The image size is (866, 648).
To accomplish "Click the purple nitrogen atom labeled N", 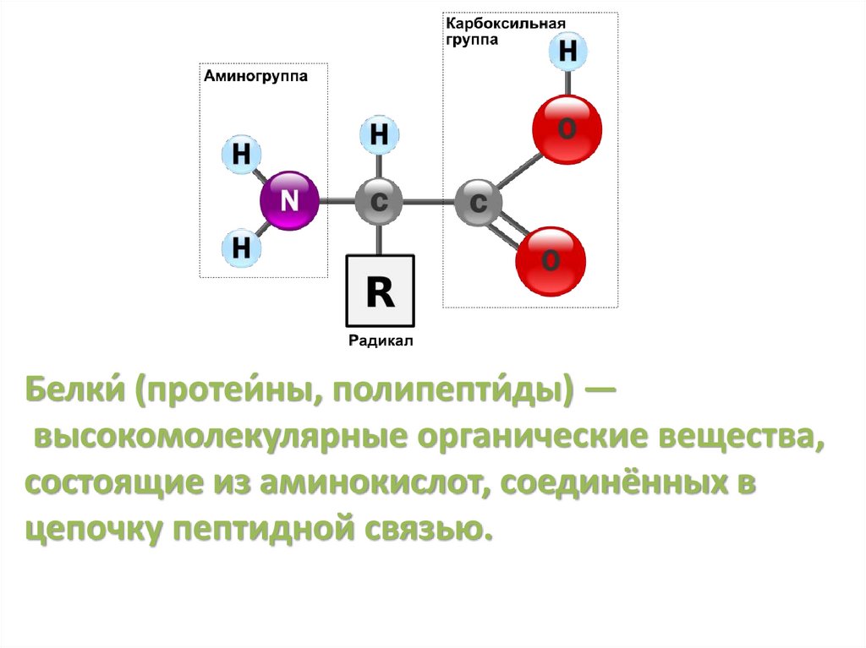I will [289, 201].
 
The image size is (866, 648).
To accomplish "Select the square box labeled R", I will [380, 291].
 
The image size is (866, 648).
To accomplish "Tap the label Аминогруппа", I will [255, 76].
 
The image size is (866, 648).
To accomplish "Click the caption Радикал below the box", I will [380, 341].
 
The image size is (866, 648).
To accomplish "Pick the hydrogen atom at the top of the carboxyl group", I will [567, 52].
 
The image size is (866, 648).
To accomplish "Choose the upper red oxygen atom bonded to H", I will [567, 129].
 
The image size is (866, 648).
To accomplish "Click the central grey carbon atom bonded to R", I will [379, 202].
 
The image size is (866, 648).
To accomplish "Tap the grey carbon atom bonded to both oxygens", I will [479, 203].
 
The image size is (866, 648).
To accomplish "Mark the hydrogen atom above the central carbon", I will [380, 135].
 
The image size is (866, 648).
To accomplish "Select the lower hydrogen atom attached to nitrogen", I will [241, 248].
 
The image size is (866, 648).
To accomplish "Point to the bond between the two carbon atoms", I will [429, 203].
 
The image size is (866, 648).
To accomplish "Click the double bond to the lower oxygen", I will [512, 230].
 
